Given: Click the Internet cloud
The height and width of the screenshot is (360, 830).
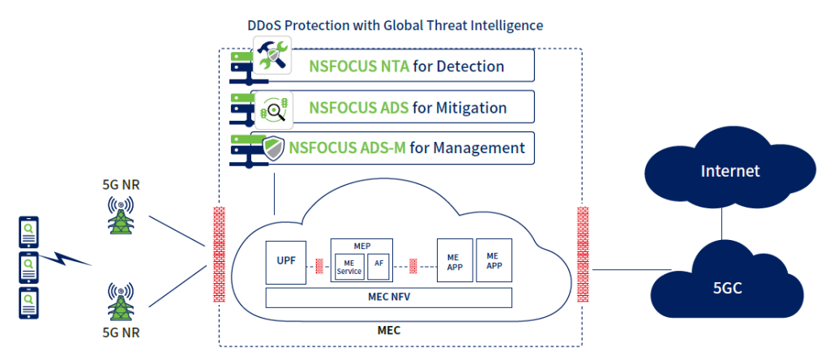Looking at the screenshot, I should click(x=730, y=171).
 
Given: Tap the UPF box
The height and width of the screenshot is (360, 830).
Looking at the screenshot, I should click(x=286, y=262).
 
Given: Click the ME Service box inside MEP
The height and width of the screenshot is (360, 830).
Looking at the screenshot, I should click(x=349, y=265).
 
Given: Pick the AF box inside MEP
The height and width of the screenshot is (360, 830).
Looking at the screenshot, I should click(x=379, y=265).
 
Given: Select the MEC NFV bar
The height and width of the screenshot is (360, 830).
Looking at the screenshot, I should click(x=389, y=298).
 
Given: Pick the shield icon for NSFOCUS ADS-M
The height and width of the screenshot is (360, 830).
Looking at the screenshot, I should click(x=273, y=148).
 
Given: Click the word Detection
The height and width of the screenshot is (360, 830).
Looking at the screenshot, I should click(x=470, y=66).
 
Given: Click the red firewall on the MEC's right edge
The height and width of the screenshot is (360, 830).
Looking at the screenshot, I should click(x=582, y=254).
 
